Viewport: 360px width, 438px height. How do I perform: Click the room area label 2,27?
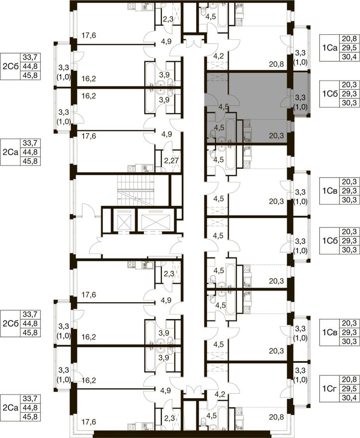pos(170,161)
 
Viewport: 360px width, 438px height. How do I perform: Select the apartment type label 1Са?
pos(330,48)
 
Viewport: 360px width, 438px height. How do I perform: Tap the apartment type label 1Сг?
pos(330,388)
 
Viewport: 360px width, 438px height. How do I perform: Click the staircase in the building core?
pos(135,191)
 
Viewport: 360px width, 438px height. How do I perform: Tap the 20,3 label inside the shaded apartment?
pos(276,136)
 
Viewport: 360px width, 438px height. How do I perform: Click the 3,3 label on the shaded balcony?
pos(300,98)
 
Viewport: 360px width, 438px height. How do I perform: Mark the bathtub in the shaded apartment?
pos(231,131)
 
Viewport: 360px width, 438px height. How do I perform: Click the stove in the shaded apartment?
pos(247,123)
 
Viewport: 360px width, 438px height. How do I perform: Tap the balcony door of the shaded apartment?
pos(285,103)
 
